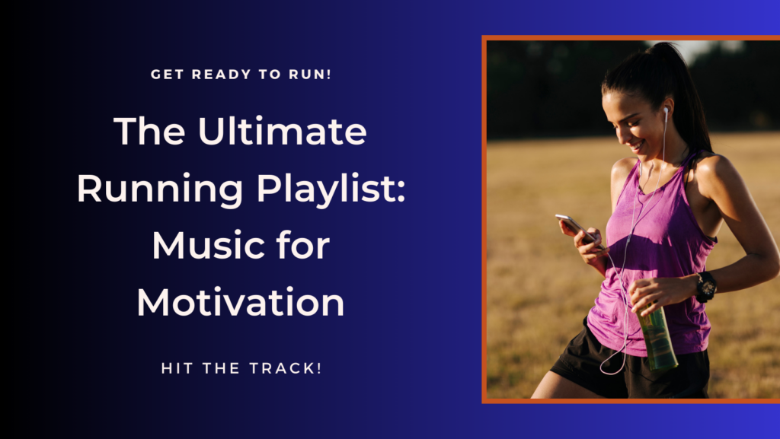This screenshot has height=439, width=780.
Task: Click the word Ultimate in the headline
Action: point(282,131)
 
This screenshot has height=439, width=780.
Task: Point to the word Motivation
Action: point(241,303)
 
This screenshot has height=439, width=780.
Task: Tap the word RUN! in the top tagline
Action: point(310,75)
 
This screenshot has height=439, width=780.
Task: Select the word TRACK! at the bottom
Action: point(286,368)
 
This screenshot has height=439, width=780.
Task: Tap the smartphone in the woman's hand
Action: point(578,229)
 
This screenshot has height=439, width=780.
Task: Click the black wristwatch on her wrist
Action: point(705,287)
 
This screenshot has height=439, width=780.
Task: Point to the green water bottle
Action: point(657,338)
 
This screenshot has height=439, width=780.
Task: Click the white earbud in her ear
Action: point(666,111)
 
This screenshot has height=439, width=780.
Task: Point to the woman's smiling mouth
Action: point(637,146)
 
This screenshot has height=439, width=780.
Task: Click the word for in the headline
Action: point(304,245)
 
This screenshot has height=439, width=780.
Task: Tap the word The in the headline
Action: point(149,131)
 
